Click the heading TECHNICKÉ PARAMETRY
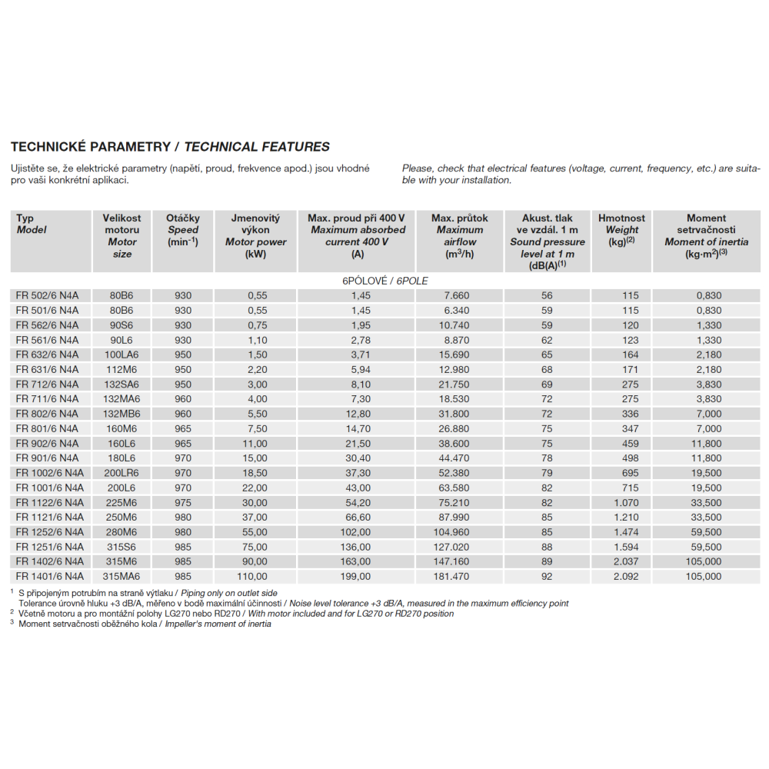coord(91,147)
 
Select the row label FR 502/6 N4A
coord(47,295)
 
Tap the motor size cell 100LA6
coord(122,355)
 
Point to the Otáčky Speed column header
coord(183,229)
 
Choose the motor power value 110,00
coord(252,576)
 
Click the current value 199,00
coord(357,576)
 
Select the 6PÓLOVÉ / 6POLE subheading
coord(384,281)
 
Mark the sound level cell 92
coord(547,576)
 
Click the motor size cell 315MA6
coord(122,576)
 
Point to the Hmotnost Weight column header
coord(621,229)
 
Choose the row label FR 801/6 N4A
coord(47,428)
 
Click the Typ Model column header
coord(32,224)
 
